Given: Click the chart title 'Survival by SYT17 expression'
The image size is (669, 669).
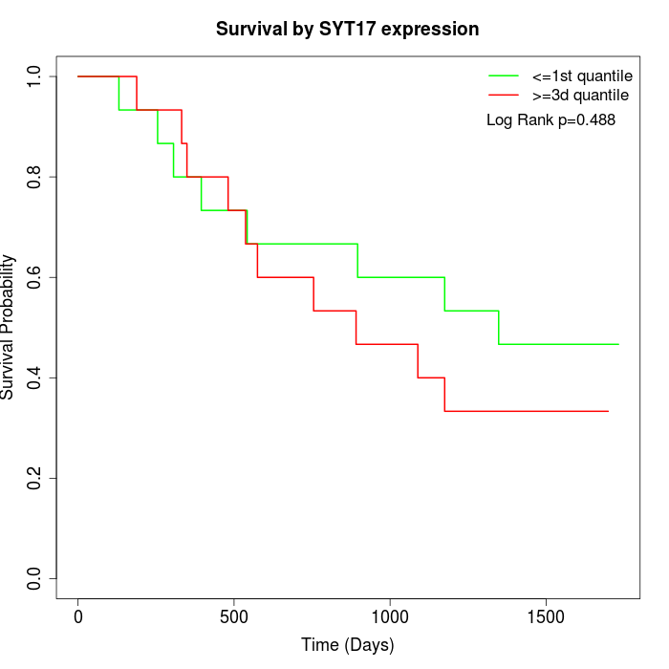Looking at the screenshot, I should (x=347, y=29).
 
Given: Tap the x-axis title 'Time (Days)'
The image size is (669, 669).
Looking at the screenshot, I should (x=347, y=645).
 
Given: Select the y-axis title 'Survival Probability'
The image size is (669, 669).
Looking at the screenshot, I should (x=9, y=327).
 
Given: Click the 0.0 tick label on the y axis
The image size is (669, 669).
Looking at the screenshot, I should (x=35, y=578).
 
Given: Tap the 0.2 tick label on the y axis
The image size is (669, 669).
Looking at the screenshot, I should (x=35, y=478).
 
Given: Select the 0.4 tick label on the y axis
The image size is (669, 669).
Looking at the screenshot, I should (x=35, y=378).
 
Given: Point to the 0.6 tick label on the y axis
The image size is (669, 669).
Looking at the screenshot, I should (x=35, y=277).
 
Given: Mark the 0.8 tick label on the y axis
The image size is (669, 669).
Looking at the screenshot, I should (x=35, y=177).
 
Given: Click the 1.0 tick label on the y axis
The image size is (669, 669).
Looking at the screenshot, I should (x=35, y=76).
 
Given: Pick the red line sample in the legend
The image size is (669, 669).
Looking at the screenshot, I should (x=504, y=95).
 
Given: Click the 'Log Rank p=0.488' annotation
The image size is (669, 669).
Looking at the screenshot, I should (x=550, y=119).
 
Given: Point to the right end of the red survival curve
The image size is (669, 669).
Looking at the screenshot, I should (x=608, y=411).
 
